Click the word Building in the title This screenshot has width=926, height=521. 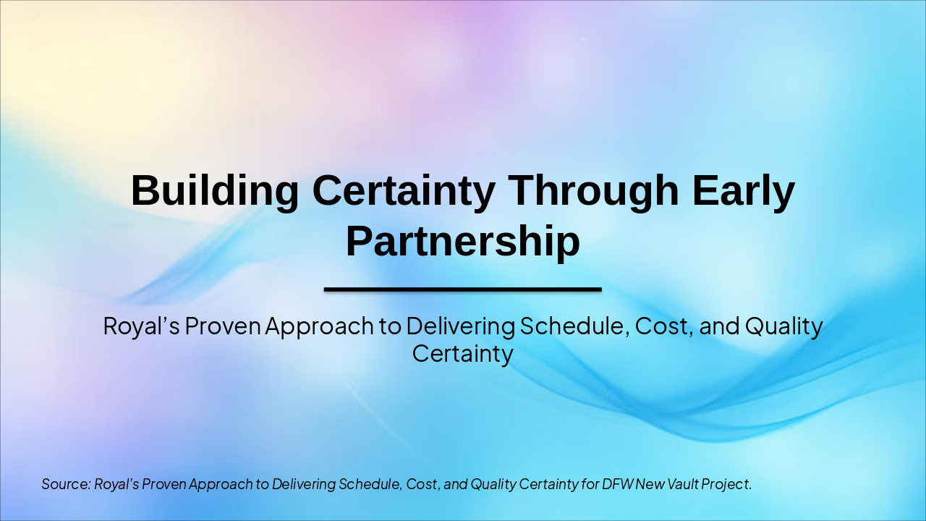[214, 191]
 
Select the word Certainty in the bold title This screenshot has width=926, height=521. [404, 191]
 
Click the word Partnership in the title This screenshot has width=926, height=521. [462, 242]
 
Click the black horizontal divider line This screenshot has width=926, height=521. [462, 289]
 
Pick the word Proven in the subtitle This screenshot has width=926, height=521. [222, 326]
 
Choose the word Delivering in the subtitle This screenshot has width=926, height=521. [460, 326]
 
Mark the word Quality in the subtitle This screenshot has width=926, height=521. [784, 326]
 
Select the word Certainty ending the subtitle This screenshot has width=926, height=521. [462, 354]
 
